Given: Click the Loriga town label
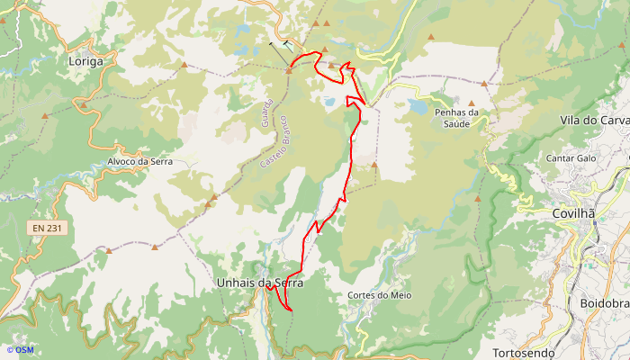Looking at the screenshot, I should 85,61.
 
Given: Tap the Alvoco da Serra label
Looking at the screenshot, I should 139,162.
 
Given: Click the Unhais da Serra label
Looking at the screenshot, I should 260,283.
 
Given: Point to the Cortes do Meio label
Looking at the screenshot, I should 379,294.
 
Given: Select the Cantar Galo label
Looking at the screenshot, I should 571,157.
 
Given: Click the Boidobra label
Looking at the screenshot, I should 605,303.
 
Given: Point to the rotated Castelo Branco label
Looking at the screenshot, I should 272,144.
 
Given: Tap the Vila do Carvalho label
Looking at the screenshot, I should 595,120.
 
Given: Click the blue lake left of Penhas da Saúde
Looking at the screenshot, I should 418,106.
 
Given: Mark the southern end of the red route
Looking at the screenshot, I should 292,310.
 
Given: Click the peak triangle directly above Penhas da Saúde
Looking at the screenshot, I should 471,103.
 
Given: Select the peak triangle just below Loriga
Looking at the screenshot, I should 83,105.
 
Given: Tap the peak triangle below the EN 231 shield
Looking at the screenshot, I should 108,250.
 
